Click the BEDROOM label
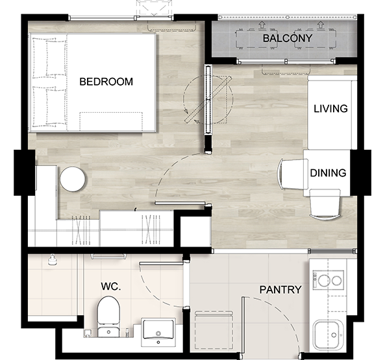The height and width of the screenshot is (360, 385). click(x=106, y=82)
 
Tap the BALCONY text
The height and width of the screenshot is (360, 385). click(x=288, y=38)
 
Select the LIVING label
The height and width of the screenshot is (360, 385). click(x=330, y=108)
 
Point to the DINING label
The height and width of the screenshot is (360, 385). click(x=328, y=173)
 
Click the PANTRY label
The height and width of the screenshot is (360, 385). click(x=280, y=289)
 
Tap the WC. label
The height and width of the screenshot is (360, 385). click(x=111, y=286)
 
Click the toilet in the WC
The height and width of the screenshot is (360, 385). click(x=108, y=317)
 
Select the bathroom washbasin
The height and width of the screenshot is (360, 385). click(x=158, y=332)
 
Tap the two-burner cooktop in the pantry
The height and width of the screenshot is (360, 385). click(x=328, y=280)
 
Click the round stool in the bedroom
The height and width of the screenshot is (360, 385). click(x=73, y=179)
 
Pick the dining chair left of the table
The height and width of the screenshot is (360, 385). click(x=293, y=174)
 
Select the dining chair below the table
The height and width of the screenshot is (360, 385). click(x=325, y=204)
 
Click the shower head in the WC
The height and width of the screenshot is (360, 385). click(x=51, y=259)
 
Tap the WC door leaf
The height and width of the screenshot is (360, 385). click(x=161, y=263)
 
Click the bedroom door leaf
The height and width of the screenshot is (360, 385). click(x=180, y=203)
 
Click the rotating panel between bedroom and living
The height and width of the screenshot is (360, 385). click(x=208, y=99)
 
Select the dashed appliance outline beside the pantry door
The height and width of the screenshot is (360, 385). click(x=214, y=330)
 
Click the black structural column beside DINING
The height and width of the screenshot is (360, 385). click(x=360, y=173)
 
